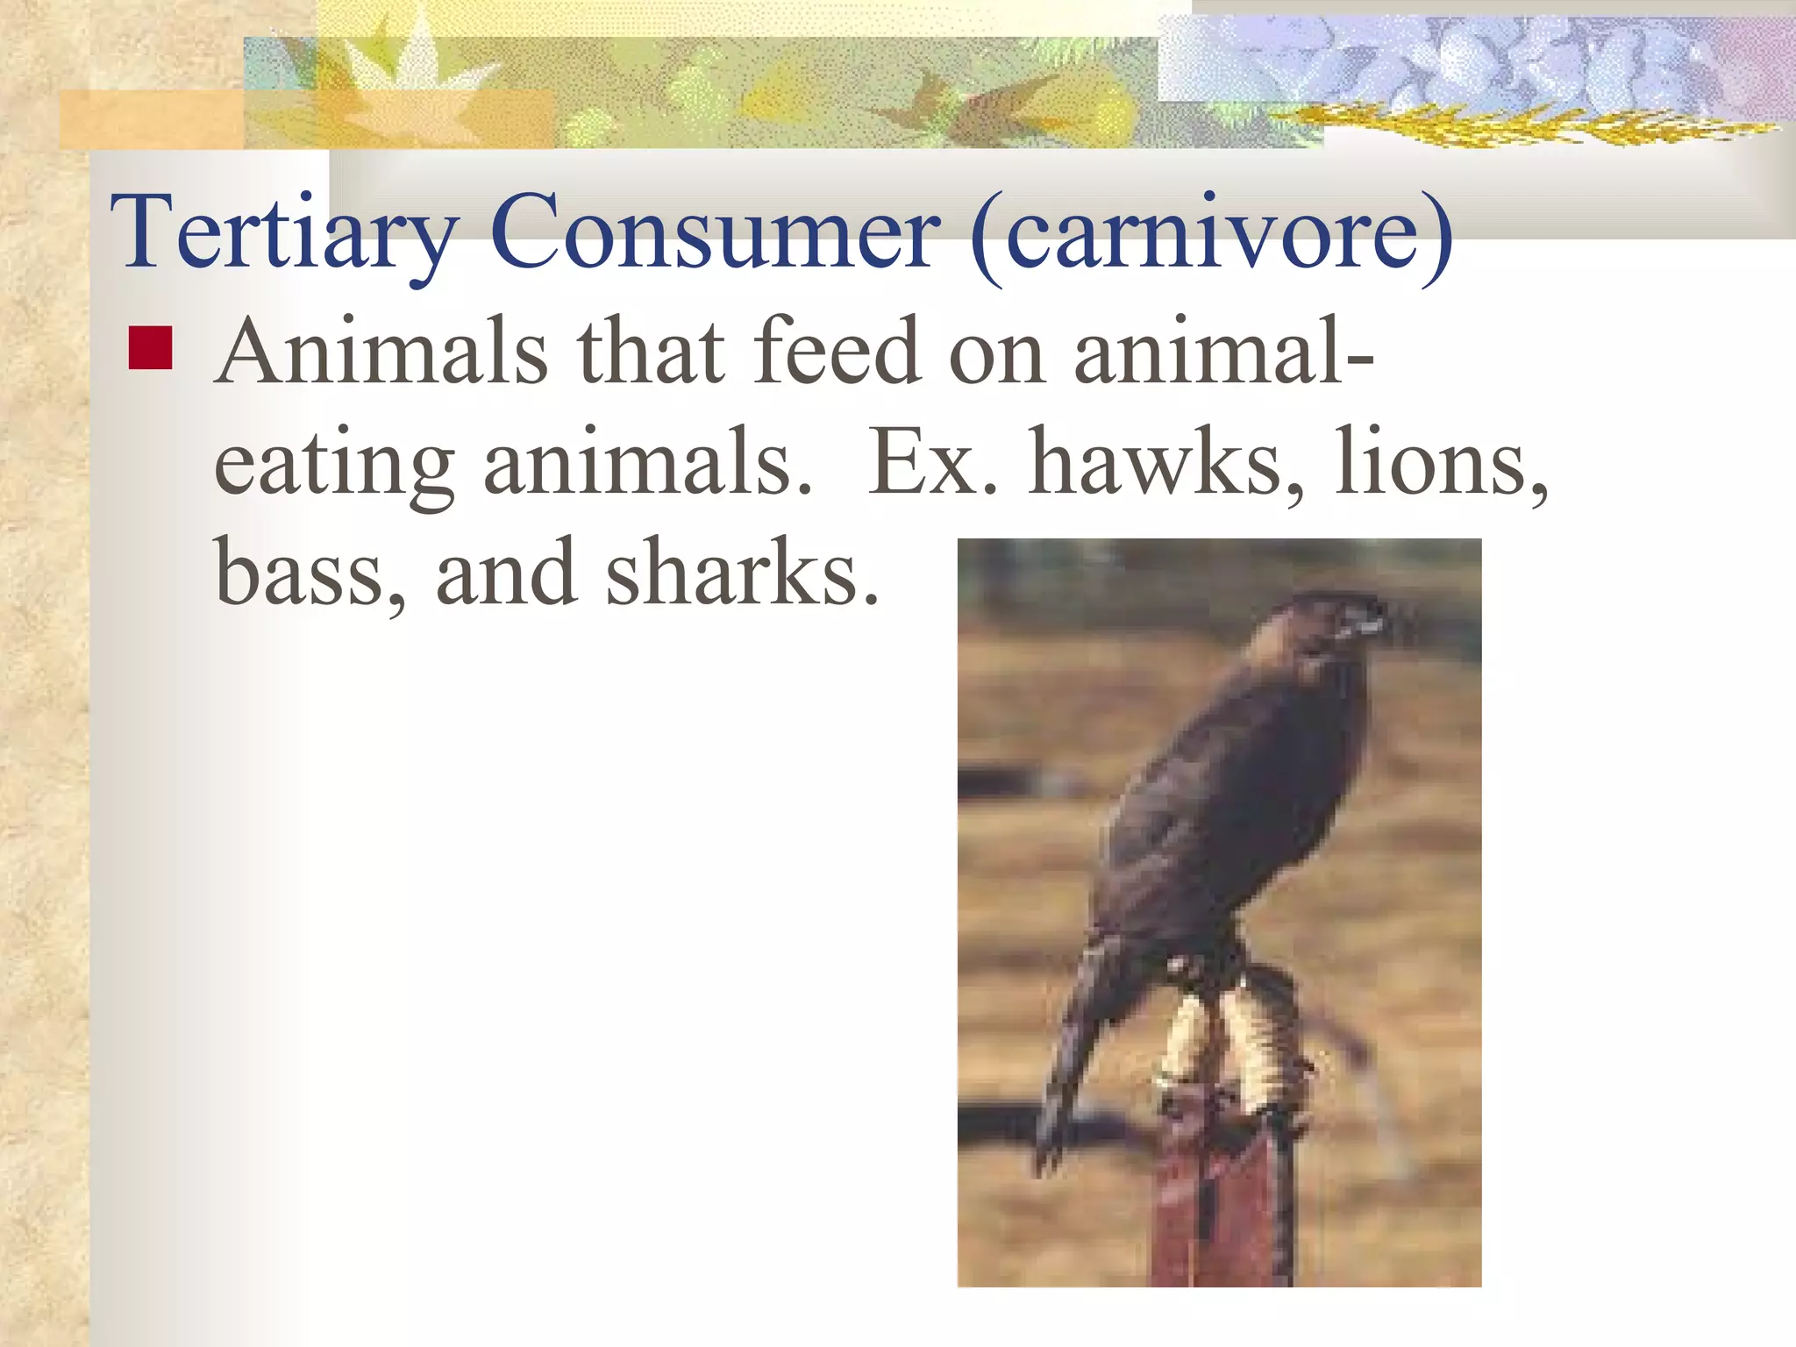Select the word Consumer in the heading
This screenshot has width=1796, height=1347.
click(715, 233)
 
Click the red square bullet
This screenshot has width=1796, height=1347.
click(150, 348)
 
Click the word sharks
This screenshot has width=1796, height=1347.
click(742, 573)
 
